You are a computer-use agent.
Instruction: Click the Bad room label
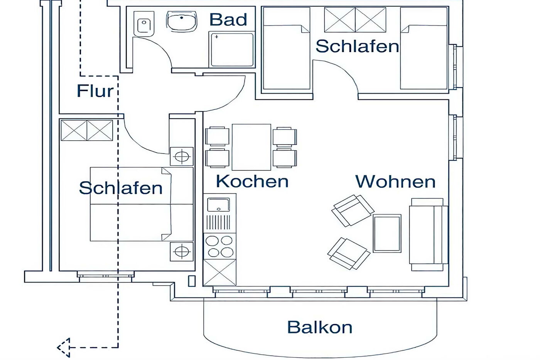tap(228, 20)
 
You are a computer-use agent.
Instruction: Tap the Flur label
tap(95, 91)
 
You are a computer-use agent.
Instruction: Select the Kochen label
tap(252, 181)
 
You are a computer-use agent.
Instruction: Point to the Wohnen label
tap(395, 181)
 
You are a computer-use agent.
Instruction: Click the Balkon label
tap(320, 327)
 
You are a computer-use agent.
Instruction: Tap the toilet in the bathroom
tap(144, 24)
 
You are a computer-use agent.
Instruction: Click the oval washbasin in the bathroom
tap(182, 21)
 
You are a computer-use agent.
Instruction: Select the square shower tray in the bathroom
tap(232, 50)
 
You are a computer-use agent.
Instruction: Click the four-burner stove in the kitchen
tap(220, 246)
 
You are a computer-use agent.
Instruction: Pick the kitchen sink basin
tap(218, 205)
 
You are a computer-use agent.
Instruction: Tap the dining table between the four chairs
tap(251, 147)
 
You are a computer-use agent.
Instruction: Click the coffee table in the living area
tap(387, 234)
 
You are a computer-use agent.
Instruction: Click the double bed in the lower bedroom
tap(142, 204)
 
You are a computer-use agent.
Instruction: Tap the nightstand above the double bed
tap(182, 156)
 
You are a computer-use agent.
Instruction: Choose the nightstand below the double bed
tap(182, 252)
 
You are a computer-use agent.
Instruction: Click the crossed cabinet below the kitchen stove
tap(220, 273)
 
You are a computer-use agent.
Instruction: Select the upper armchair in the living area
tap(353, 210)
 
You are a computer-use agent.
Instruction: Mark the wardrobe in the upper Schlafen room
tap(355, 20)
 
